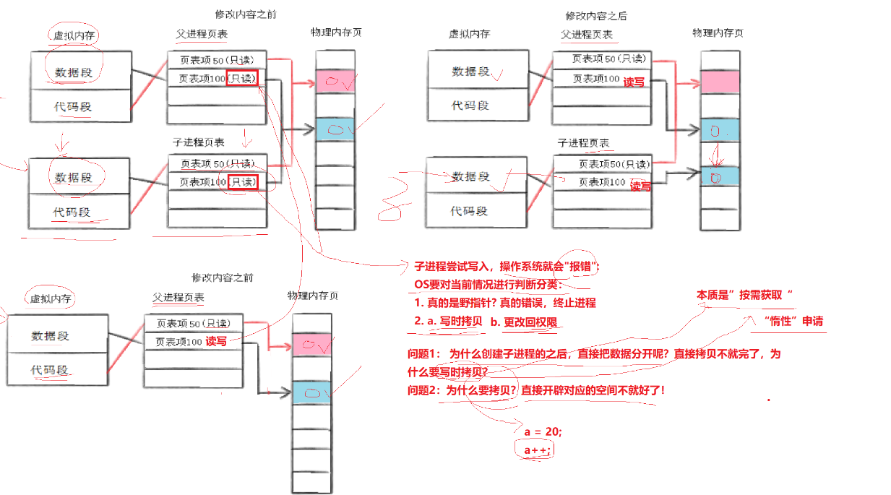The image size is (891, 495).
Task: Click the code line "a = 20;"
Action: (x=543, y=431)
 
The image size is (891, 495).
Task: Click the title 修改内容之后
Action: (x=595, y=16)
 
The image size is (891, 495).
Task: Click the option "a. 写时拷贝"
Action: (x=454, y=322)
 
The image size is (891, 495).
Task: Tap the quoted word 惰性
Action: (x=779, y=321)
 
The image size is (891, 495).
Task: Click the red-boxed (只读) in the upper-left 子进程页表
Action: (x=243, y=183)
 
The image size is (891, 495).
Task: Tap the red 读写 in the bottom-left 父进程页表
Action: (x=216, y=341)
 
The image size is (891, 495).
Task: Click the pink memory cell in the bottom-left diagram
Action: (x=311, y=345)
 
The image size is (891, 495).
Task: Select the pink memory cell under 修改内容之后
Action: (x=720, y=82)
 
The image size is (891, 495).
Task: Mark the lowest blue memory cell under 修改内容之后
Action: (x=720, y=176)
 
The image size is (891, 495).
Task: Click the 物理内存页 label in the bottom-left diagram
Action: (x=312, y=296)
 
